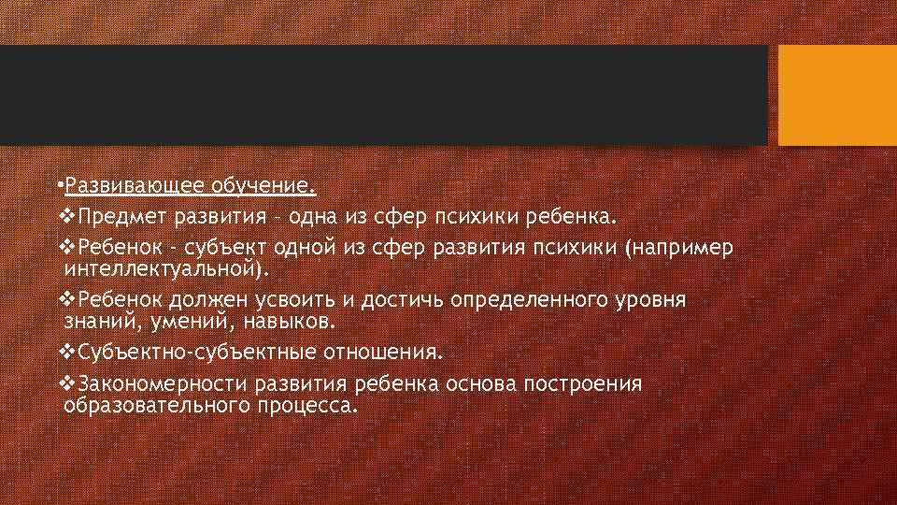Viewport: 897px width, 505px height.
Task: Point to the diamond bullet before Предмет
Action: click(64, 218)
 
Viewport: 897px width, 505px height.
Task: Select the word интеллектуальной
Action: click(163, 270)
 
